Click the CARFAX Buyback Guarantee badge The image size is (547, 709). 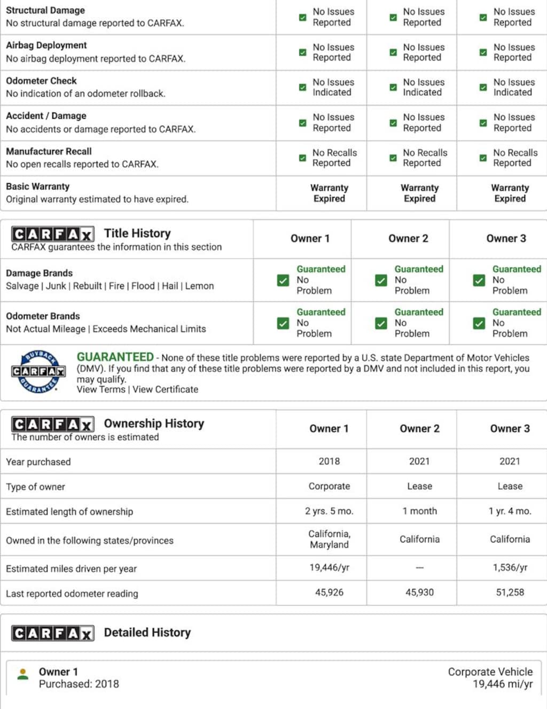[38, 371]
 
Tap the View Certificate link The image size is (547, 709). [165, 389]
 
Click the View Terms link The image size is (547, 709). [101, 389]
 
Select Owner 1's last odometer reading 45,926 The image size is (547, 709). [329, 592]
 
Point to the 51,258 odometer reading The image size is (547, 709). [510, 592]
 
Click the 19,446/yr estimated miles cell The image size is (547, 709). [329, 567]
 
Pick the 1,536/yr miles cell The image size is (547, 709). [510, 567]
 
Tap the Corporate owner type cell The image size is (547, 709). [329, 486]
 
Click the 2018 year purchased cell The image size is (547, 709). [329, 461]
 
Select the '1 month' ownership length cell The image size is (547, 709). [419, 511]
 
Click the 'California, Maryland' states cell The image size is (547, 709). [329, 539]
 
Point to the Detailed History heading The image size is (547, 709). [147, 633]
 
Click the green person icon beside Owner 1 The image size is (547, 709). [23, 674]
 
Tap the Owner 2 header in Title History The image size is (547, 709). [408, 238]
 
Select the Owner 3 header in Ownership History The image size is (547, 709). [510, 428]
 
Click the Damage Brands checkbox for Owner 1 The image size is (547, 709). [283, 280]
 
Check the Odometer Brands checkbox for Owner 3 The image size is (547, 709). [479, 323]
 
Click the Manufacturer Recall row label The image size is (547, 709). [49, 151]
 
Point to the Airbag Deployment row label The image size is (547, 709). [46, 45]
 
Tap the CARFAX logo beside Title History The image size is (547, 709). [52, 234]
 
